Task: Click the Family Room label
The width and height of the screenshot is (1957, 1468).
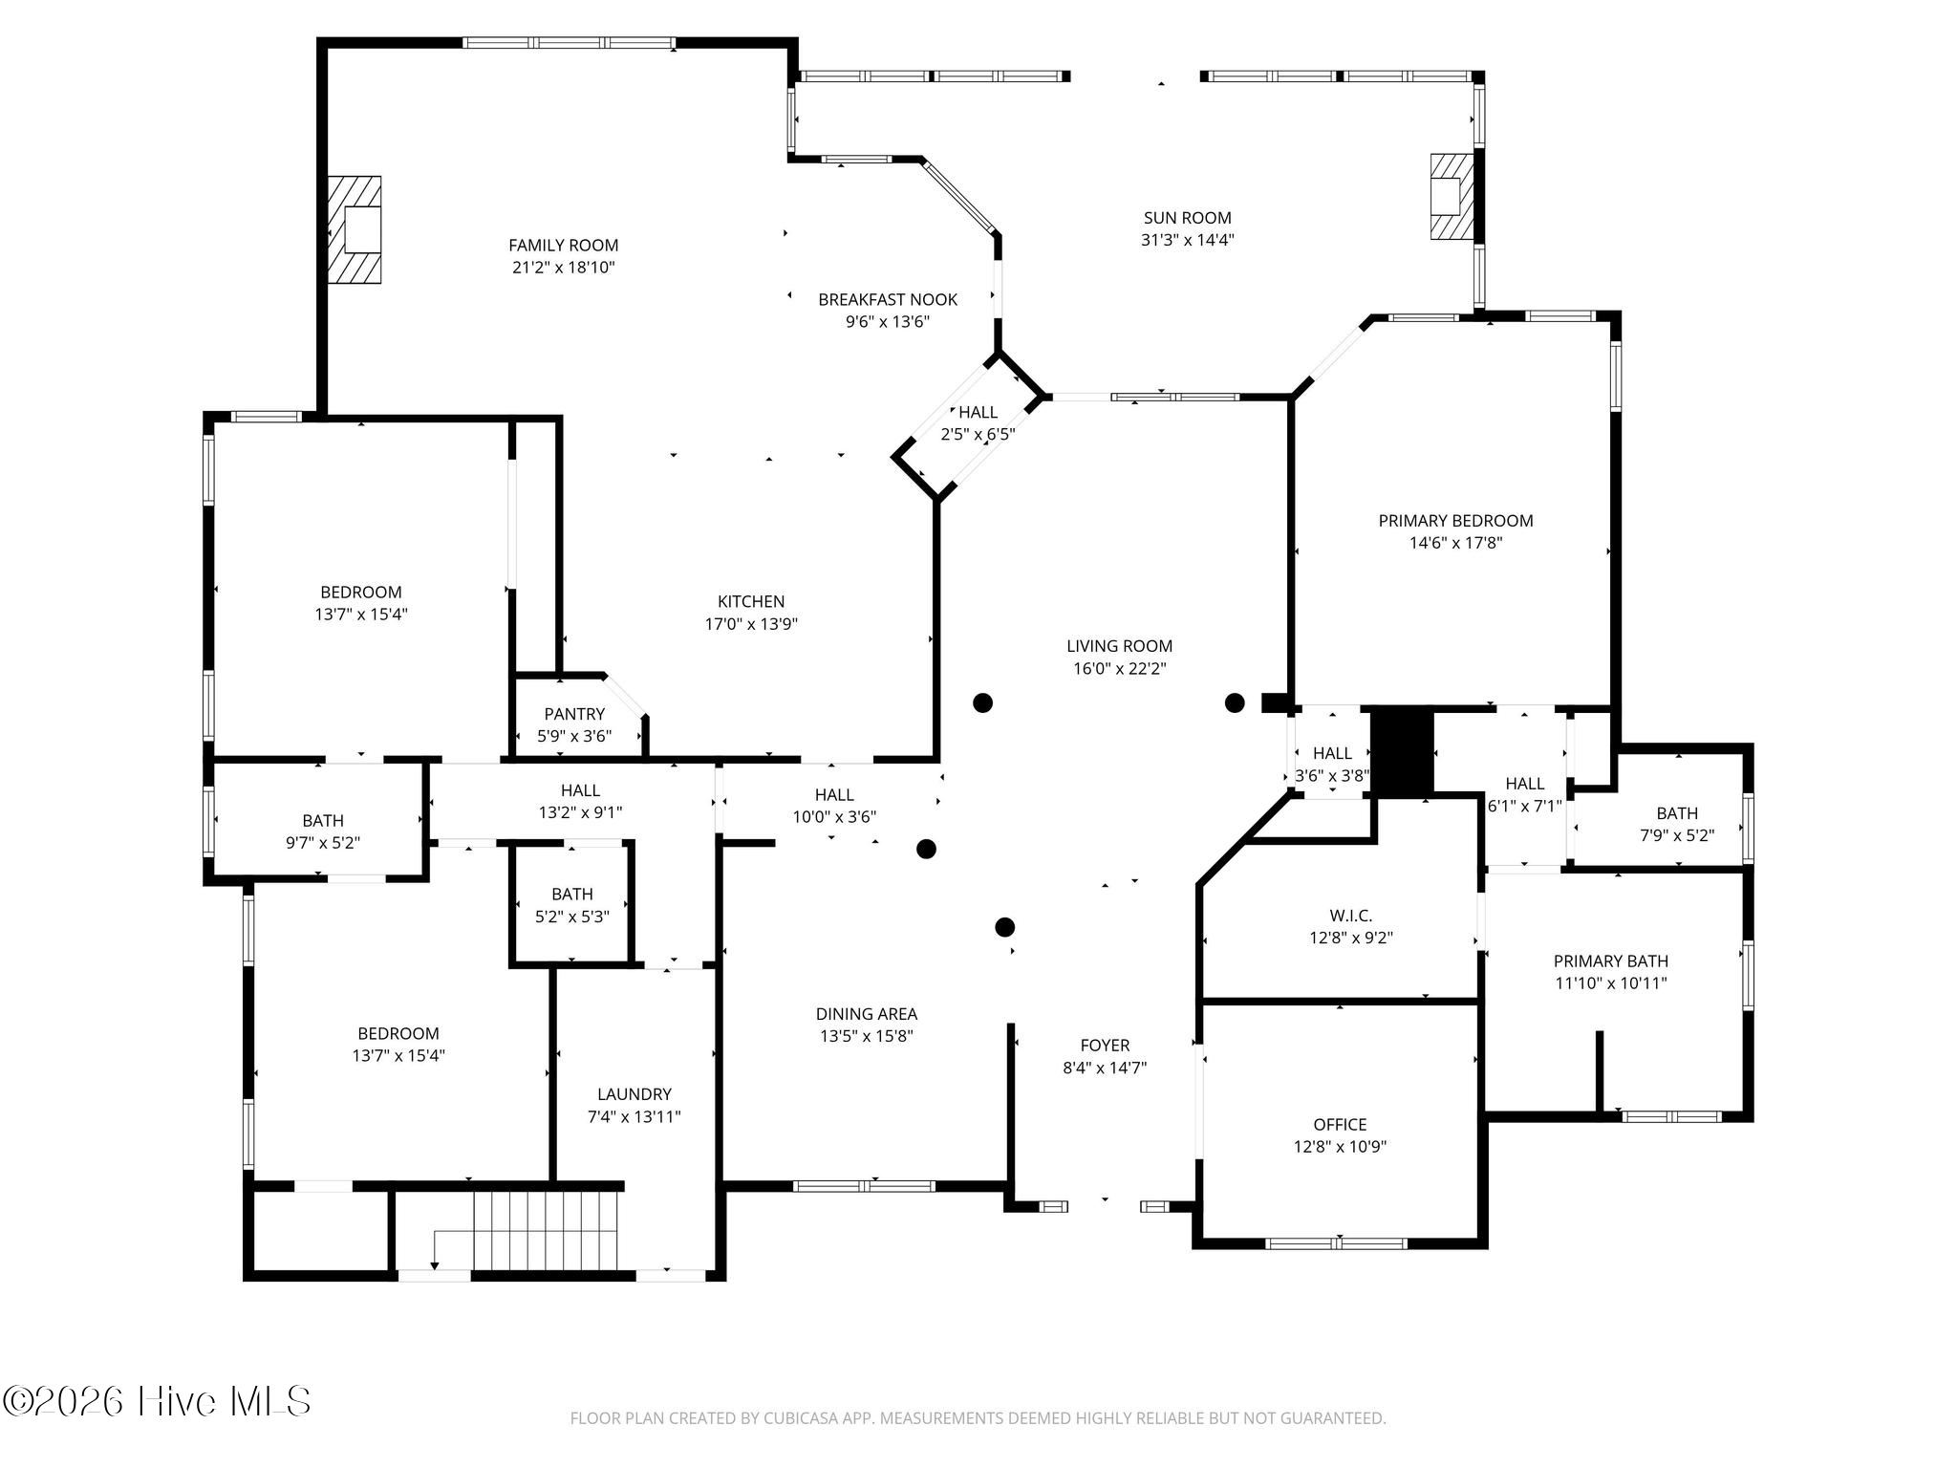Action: coord(563,246)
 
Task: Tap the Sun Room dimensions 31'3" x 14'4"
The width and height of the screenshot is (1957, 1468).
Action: coord(1187,240)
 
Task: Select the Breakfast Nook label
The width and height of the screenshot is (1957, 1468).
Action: coord(888,300)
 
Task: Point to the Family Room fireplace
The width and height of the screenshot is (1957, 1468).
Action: coord(355,229)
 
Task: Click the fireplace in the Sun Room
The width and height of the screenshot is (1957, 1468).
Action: coord(1452,196)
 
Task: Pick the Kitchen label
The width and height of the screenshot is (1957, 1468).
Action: coord(751,602)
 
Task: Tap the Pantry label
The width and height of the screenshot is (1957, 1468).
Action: coord(574,714)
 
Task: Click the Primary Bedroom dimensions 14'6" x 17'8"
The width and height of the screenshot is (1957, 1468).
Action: coord(1455,543)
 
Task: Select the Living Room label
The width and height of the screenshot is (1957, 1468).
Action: coord(1119,646)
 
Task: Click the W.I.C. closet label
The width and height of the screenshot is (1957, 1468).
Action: coord(1350,916)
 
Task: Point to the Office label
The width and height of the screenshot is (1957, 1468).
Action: coord(1340,1125)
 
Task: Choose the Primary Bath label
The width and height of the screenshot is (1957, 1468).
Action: coord(1610,961)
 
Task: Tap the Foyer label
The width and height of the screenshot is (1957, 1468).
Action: coord(1105,1046)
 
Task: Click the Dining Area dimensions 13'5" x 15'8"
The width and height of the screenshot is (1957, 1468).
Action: coord(866,1036)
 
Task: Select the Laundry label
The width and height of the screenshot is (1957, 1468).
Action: coord(634,1094)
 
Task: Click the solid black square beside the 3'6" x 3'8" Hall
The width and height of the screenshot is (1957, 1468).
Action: coord(1403,751)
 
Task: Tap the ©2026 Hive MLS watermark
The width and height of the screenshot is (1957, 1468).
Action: coord(157,1402)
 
